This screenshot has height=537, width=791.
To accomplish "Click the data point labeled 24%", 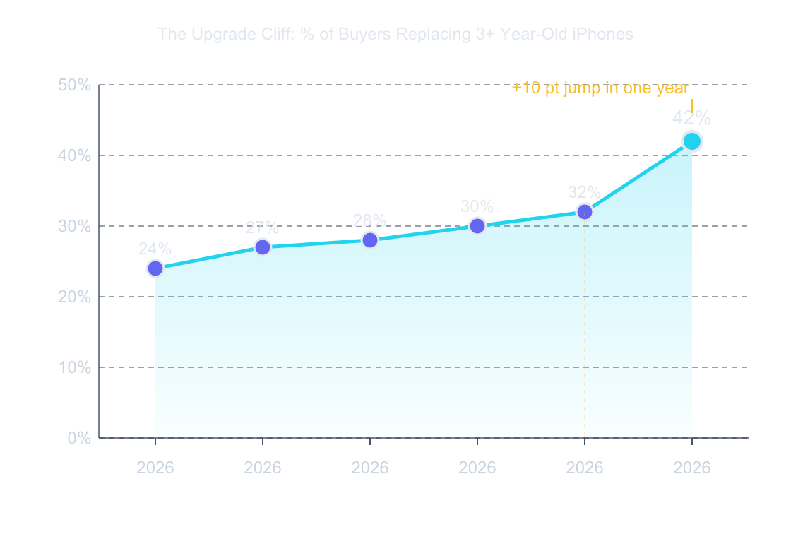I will click(x=155, y=268).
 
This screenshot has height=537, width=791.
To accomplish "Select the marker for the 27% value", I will click(x=263, y=247).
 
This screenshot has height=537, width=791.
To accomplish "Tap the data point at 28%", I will click(x=370, y=240).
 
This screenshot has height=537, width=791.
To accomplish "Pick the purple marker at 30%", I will click(x=477, y=226).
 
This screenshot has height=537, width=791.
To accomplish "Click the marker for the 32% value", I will click(x=585, y=212).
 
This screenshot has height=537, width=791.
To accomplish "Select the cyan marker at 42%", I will click(x=691, y=141).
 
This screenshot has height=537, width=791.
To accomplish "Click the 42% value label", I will click(x=691, y=119).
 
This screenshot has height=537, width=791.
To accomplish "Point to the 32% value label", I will click(x=585, y=192).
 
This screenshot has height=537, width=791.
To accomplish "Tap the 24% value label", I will click(x=155, y=249).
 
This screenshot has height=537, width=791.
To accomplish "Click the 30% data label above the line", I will click(x=477, y=206).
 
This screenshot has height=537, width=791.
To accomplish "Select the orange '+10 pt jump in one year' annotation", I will click(x=600, y=88).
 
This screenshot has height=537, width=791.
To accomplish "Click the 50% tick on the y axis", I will click(x=74, y=85).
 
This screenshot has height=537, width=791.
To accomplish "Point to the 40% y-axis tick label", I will click(x=74, y=155).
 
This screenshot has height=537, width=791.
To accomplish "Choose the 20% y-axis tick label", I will click(x=74, y=297).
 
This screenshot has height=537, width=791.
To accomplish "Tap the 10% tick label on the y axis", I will click(x=74, y=367).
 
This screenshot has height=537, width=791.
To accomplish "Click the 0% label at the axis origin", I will click(x=79, y=438).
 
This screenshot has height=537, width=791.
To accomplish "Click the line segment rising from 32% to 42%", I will click(x=638, y=177).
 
